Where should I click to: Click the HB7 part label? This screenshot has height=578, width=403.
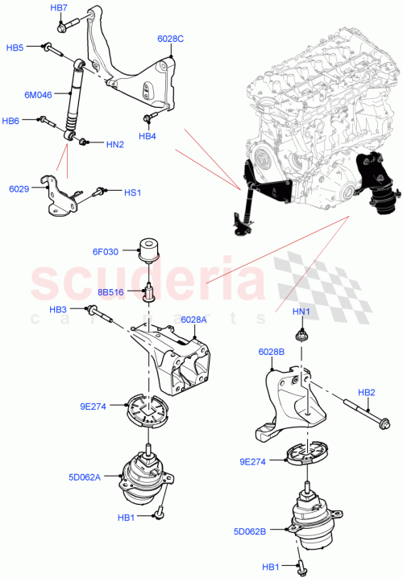pos(59,7)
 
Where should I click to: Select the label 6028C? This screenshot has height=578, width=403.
pos(170,38)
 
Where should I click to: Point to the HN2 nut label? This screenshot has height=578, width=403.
pos(114,145)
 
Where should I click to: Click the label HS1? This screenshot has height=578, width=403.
pos(132,192)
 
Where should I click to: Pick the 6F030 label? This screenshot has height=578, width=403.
pos(105,251)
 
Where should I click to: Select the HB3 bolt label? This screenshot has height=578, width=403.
pos(58,309)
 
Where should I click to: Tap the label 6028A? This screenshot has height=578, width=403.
pos(193,319)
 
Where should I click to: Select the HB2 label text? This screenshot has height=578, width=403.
pos(366,392)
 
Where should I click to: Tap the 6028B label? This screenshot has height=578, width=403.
pos(271,352)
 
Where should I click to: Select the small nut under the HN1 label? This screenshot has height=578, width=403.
pos(300,331)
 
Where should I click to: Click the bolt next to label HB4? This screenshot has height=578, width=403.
pos(147,120)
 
